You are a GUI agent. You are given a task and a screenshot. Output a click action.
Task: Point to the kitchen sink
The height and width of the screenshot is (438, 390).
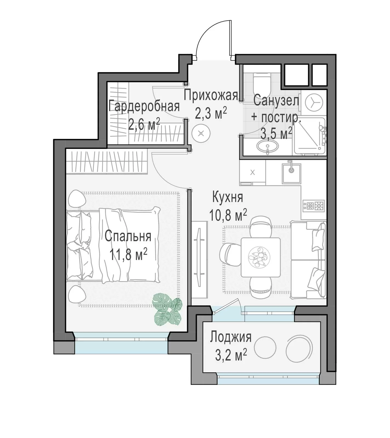292,174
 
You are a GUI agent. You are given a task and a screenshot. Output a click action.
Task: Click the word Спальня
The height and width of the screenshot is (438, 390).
128,236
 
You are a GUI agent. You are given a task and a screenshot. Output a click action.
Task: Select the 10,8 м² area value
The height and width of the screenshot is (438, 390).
228,215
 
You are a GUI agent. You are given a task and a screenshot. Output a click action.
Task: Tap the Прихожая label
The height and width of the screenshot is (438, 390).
211,96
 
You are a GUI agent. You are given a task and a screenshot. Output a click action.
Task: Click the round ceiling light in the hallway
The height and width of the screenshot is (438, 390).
201,134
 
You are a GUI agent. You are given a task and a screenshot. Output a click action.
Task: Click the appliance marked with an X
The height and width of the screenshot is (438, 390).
252,172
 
